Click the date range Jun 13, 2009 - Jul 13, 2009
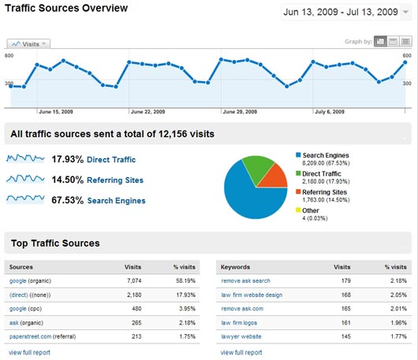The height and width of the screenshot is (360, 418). tap(341, 12)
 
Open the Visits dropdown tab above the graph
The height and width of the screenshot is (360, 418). tap(28, 44)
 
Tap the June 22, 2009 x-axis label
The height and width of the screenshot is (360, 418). tap(147, 112)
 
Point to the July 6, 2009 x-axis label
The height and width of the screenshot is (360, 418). tap(330, 112)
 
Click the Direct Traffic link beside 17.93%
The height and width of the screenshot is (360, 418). tap(111, 159)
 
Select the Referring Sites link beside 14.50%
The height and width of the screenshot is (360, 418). tap(115, 180)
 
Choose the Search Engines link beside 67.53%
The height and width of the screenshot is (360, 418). tap(117, 201)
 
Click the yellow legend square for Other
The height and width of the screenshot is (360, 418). tap(298, 210)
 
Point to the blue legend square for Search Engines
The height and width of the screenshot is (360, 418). tap(298, 154)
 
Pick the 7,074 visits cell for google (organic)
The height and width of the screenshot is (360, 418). tap(134, 280)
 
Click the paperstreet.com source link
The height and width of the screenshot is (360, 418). tap(30, 336)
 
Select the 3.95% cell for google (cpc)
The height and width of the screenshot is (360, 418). tap(187, 309)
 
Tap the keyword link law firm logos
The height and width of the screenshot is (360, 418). tap(239, 323)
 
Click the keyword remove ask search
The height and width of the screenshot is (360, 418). tap(245, 280)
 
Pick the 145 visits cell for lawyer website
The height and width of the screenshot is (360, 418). tap(345, 336)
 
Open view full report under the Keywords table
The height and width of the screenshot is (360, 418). tap(241, 353)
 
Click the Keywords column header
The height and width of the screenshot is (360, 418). tap(235, 267)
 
